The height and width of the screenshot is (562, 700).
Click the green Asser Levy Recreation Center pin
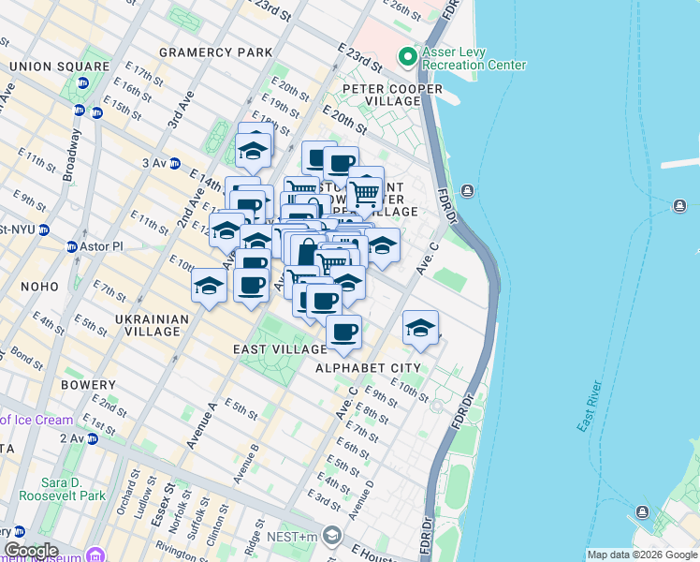click(x=407, y=57)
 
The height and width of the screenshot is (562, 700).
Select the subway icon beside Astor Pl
click(x=71, y=247)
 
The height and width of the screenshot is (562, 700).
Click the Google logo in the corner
click(x=31, y=551)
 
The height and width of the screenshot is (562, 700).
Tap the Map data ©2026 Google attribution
click(x=642, y=555)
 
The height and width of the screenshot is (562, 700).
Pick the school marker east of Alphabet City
click(x=420, y=329)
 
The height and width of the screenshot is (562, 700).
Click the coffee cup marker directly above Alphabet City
click(x=344, y=331)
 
